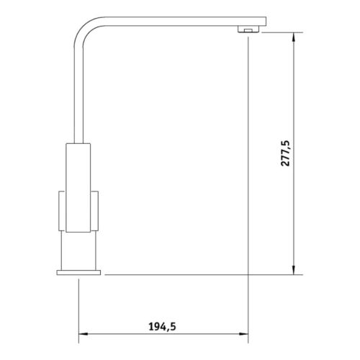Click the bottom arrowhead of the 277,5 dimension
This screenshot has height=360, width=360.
click(x=294, y=270)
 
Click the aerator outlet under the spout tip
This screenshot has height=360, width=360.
click(x=247, y=30)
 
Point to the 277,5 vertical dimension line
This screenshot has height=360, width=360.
click(x=294, y=216)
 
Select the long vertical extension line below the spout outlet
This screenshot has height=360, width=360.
click(x=248, y=180)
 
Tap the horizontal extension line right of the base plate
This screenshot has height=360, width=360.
click(x=202, y=274)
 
